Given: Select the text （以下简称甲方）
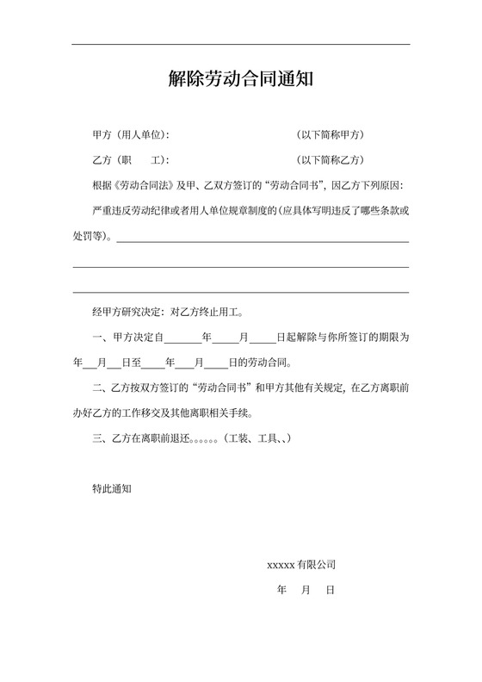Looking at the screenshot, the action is tap(331, 135).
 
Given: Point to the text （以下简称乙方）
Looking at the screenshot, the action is tap(331, 160).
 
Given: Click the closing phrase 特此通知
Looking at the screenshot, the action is tap(111, 488).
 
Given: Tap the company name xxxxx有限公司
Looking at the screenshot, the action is tap(301, 565).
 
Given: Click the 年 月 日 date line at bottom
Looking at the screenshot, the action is tap(306, 591).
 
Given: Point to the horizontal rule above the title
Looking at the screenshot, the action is tap(240, 44).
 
